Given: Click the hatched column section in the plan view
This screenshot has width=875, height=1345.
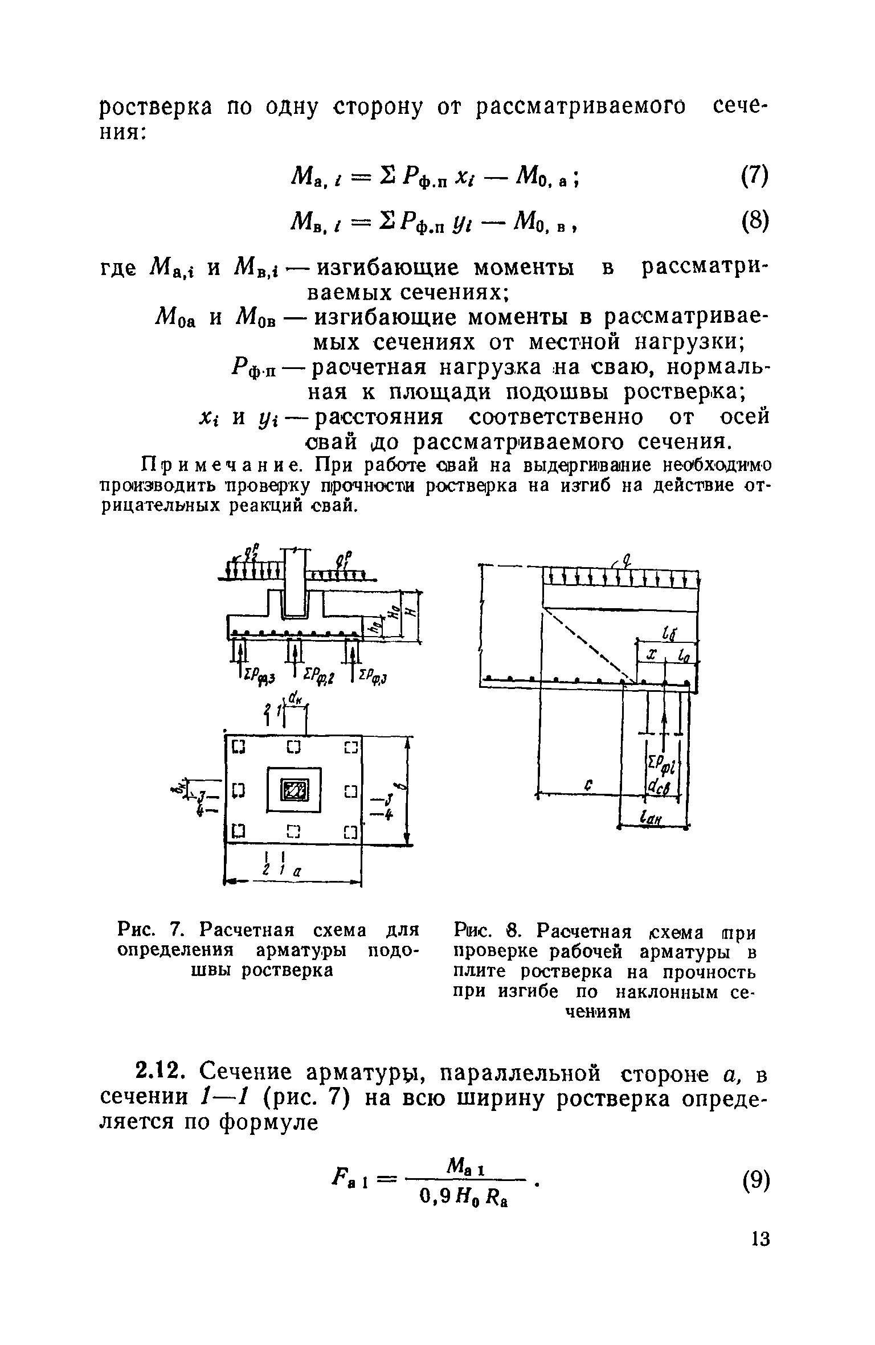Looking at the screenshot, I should pyautogui.click(x=295, y=790).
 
